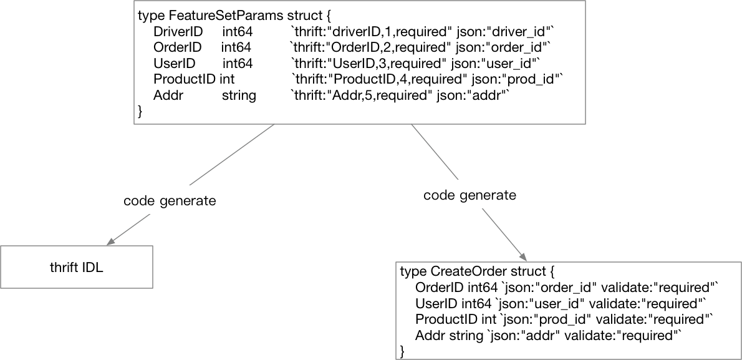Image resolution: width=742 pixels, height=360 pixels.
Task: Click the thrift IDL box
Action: [x=76, y=267]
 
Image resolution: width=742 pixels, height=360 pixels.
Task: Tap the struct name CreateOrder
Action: [x=470, y=271]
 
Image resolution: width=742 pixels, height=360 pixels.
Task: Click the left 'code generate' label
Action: [x=170, y=201]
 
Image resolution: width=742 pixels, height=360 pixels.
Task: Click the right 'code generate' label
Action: [x=470, y=195]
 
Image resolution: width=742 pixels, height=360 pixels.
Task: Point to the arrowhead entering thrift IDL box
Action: [x=112, y=242]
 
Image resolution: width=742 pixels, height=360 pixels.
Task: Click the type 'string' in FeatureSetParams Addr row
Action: [x=239, y=95]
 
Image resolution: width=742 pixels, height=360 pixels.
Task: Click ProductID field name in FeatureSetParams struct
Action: [x=185, y=79]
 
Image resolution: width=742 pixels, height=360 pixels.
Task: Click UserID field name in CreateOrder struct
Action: [x=436, y=304]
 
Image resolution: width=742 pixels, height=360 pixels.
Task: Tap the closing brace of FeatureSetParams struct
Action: [x=140, y=111]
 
